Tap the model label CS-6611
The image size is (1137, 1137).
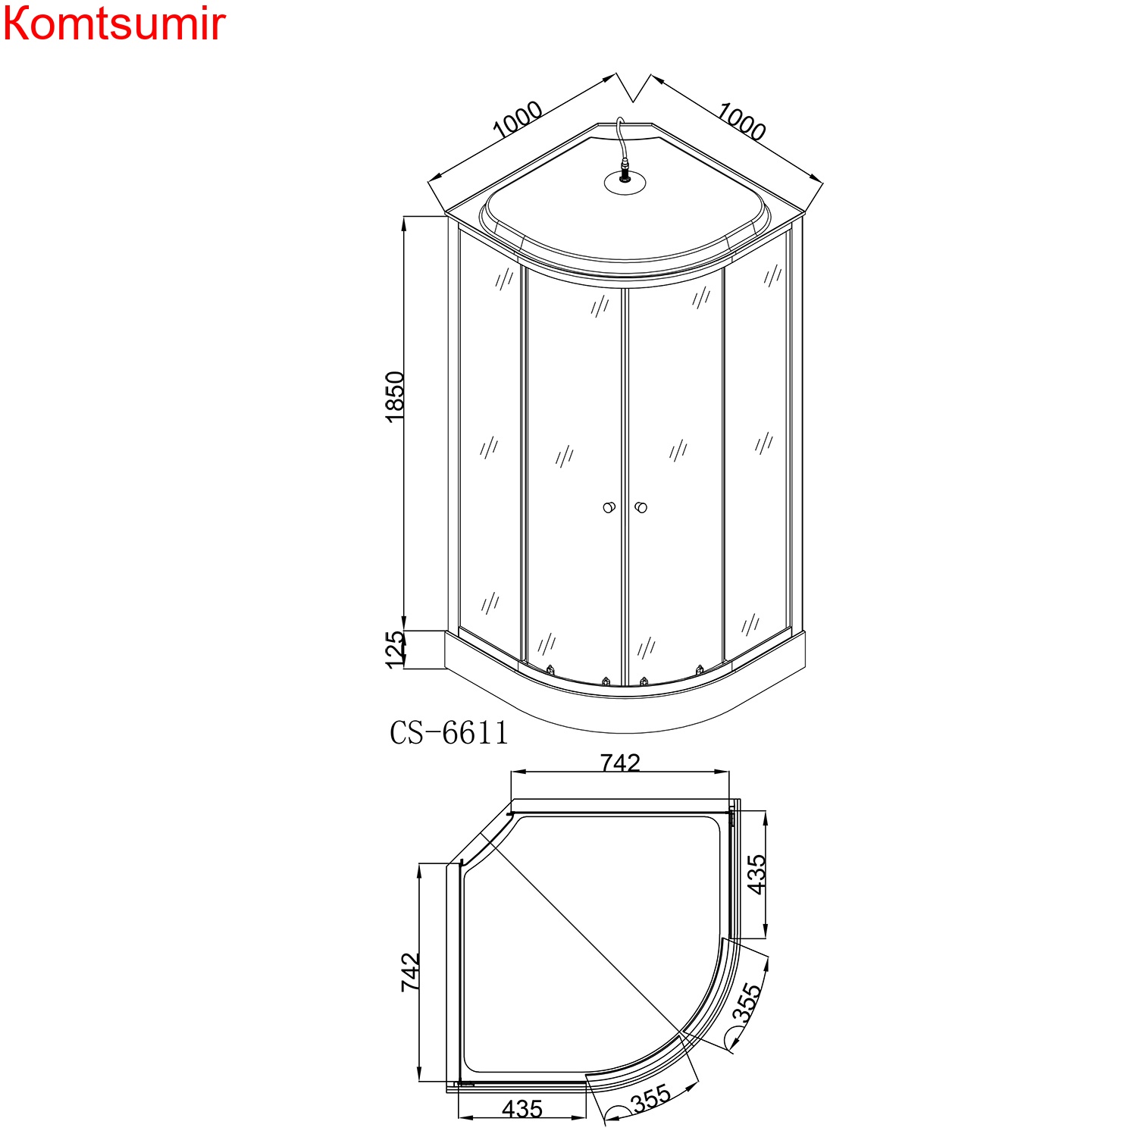[449, 733]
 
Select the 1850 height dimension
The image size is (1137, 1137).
[395, 396]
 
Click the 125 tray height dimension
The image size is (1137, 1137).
[395, 650]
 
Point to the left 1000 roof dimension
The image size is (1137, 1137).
[518, 120]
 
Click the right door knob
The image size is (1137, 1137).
[641, 507]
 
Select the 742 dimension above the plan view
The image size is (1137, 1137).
[620, 763]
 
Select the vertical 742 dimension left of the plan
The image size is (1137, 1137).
[410, 973]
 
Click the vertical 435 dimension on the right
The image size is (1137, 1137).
[756, 874]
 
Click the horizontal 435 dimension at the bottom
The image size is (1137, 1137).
[522, 1109]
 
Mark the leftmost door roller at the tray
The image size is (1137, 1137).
[550, 670]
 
